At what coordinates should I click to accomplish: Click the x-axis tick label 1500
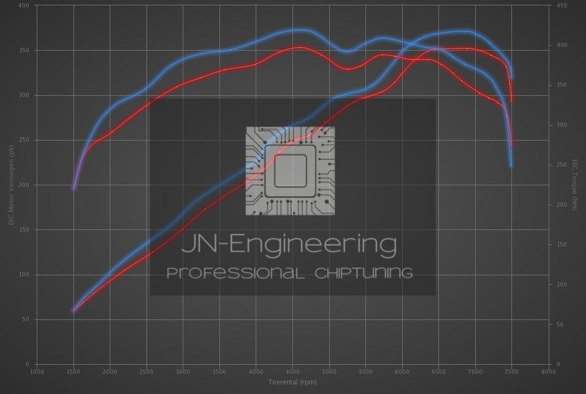tap(74, 372)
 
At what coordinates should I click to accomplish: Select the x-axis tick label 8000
tap(548, 372)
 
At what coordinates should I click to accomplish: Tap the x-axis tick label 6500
tap(438, 372)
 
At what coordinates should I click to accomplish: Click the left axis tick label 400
tap(25, 5)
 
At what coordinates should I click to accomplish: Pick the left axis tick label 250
tap(25, 140)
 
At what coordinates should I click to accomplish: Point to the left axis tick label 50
tap(26, 319)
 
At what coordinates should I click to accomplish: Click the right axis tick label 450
tap(561, 5)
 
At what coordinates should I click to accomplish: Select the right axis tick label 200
tap(561, 205)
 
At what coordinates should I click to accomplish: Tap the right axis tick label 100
tap(561, 285)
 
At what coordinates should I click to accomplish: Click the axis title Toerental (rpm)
tap(292, 382)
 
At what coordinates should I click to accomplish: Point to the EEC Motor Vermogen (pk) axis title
tap(11, 185)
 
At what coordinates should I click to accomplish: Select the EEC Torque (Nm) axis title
tap(575, 185)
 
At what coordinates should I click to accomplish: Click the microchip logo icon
tap(290, 171)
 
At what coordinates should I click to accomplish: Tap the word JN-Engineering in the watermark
tap(289, 244)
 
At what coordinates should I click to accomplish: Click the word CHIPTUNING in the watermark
tap(364, 273)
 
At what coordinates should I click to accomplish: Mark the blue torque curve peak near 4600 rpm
tap(301, 30)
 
